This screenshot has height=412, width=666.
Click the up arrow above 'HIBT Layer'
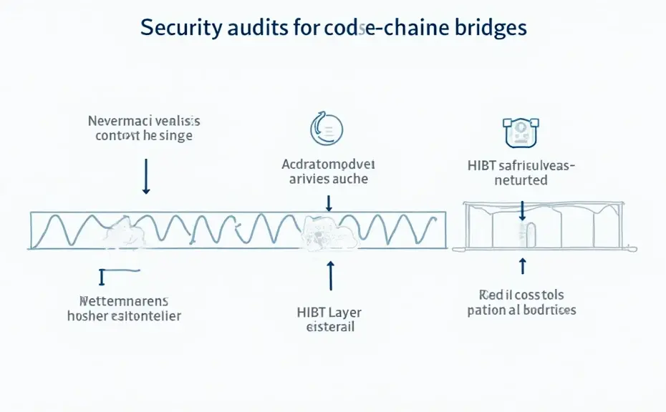[x=330, y=275]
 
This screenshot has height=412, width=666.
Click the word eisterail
[x=329, y=328]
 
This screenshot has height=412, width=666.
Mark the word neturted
[x=521, y=180]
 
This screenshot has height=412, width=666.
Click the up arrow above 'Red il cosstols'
[x=522, y=265]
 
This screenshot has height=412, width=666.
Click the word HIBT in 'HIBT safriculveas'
[x=481, y=165]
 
